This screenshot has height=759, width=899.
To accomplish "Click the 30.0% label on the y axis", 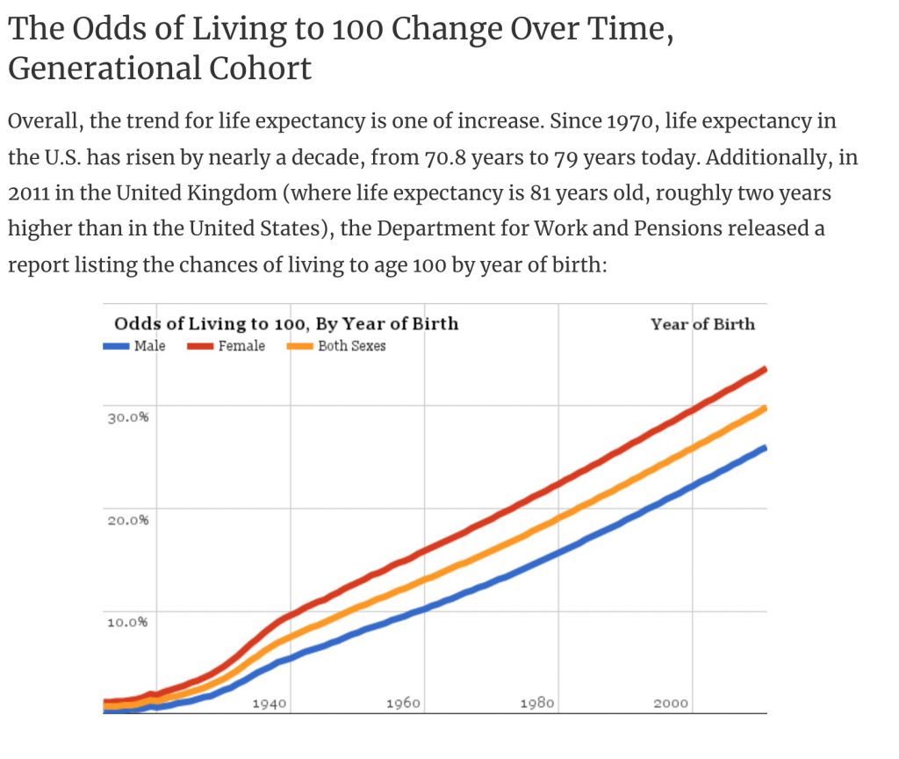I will tap(128, 417).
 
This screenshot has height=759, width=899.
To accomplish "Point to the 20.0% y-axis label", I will tap(128, 519).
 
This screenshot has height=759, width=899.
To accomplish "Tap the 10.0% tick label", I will tap(128, 622).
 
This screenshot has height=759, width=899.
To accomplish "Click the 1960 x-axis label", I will tap(403, 704).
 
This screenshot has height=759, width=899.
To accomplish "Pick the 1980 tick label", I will tap(536, 704).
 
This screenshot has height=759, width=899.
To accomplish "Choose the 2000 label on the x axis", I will tap(671, 704).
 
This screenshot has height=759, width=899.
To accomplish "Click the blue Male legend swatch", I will tap(116, 346).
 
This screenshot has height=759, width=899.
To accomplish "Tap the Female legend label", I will tap(241, 346).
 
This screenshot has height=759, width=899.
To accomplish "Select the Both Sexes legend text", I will tap(351, 346).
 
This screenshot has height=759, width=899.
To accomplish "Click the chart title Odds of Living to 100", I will tap(286, 323).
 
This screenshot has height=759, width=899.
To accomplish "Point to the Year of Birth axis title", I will tap(702, 324).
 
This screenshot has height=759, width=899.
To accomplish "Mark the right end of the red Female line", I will tap(766, 369).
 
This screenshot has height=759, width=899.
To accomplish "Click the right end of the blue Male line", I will tap(766, 448).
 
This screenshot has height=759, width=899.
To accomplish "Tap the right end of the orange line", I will tap(766, 408).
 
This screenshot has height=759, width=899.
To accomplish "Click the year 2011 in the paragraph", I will tap(28, 193).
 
